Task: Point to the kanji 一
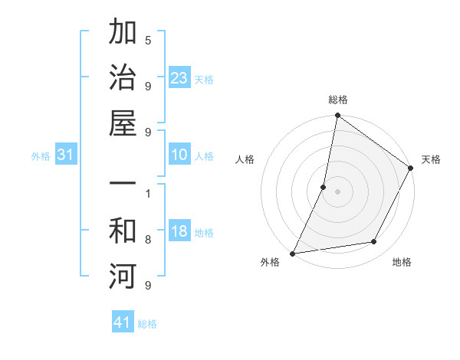pyautogui.click(x=123, y=186)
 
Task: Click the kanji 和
pyautogui.click(x=123, y=232)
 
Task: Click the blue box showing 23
pyautogui.click(x=179, y=78)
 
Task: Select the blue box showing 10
pyautogui.click(x=179, y=155)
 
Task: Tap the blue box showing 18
pyautogui.click(x=179, y=232)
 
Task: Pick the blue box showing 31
pyautogui.click(x=66, y=155)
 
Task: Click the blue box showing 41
pyautogui.click(x=123, y=322)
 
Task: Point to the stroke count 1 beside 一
pyautogui.click(x=147, y=194)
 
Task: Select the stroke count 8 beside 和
pyautogui.click(x=147, y=240)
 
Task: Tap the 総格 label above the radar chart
pyautogui.click(x=338, y=100)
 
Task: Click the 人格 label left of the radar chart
pyautogui.click(x=245, y=159)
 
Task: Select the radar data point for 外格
pyautogui.click(x=293, y=254)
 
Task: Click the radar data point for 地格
pyautogui.click(x=374, y=242)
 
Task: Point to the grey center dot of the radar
pyautogui.click(x=337, y=191)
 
